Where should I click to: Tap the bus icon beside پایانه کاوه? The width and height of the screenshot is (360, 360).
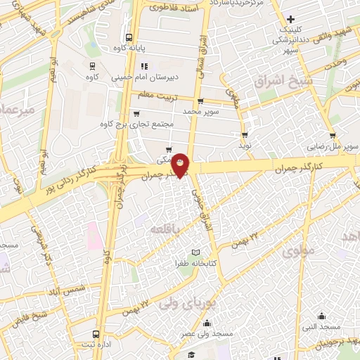pos(128,38)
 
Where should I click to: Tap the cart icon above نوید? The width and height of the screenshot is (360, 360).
pos(244,134)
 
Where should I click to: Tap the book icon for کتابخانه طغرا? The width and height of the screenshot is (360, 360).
pos(196,252)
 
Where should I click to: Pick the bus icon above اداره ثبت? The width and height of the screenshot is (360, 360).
pos(96,335)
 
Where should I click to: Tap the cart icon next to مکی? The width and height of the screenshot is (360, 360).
pos(169,149)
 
